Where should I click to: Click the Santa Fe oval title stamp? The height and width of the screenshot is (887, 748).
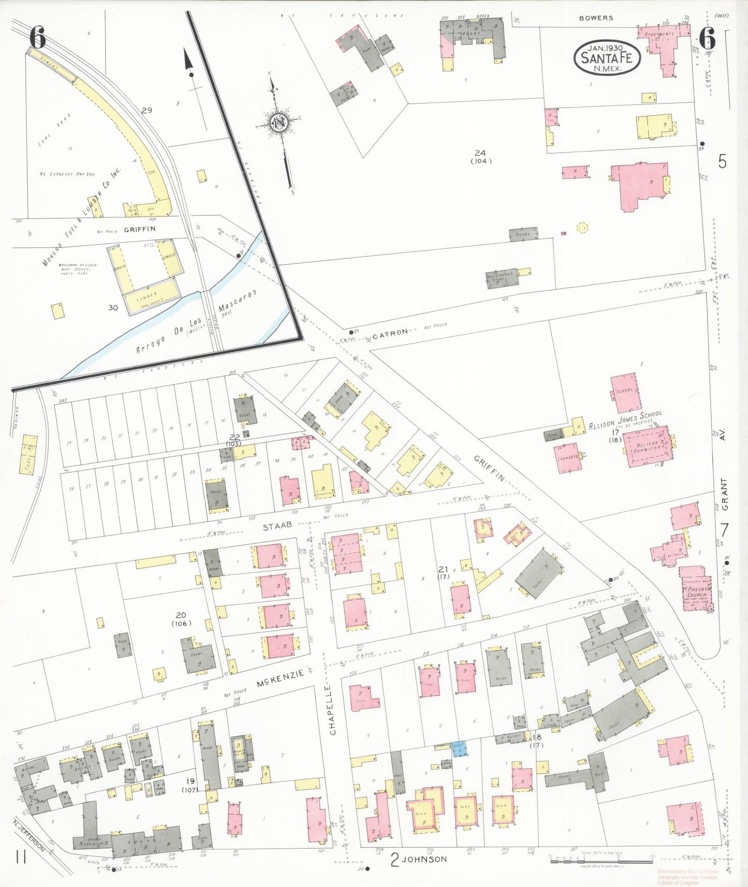607,57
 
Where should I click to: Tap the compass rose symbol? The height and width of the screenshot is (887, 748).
279,123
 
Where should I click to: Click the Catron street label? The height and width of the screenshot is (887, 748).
390,333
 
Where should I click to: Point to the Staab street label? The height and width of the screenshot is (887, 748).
277,526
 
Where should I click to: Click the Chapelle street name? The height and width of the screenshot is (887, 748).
333,709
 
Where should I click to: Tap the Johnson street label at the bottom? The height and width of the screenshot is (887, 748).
424,860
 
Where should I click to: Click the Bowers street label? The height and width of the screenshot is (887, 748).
596,18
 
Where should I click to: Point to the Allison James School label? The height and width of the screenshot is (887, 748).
625,420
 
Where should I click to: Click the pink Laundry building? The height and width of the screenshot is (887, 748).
567,458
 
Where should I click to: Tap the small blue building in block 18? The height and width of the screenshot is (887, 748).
459,748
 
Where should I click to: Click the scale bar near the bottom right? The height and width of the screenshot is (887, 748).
600,862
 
